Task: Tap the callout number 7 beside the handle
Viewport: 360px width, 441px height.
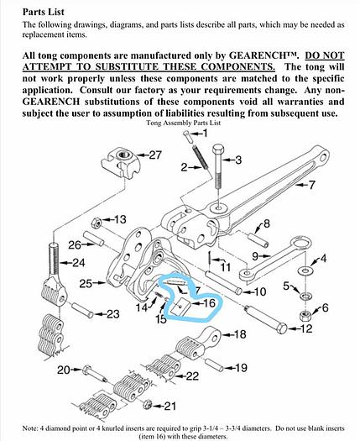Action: click(311, 184)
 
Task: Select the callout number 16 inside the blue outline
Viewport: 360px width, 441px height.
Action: click(209, 302)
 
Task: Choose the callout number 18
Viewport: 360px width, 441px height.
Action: click(239, 334)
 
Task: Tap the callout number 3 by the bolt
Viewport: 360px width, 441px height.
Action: click(237, 160)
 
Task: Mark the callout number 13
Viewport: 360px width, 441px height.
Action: click(120, 219)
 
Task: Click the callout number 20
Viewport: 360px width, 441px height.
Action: click(63, 370)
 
